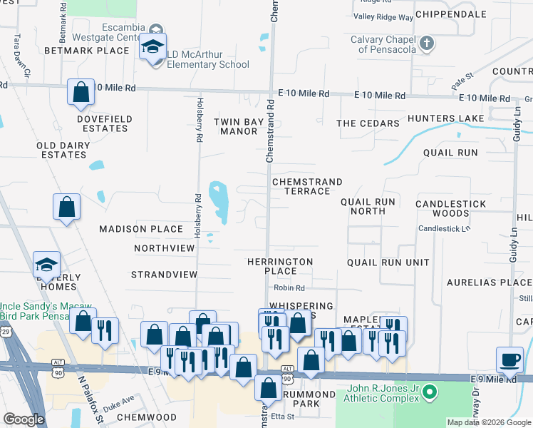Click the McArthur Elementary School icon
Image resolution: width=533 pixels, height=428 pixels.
152,47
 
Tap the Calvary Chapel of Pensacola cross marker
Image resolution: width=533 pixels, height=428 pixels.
426,44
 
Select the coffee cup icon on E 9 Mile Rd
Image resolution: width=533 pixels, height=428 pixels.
510,360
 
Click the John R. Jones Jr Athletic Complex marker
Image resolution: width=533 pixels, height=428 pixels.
428,392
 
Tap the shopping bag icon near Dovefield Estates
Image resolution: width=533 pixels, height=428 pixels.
81,92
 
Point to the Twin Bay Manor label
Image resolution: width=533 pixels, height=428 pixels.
239,127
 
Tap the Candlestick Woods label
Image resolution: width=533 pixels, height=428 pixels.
451,208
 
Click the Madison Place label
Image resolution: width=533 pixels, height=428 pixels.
141,229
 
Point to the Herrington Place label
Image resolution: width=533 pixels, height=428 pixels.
280,266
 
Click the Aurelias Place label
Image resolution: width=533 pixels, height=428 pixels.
489,282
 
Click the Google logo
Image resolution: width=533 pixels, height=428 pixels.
24,419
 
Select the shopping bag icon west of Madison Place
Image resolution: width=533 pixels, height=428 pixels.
66,208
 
